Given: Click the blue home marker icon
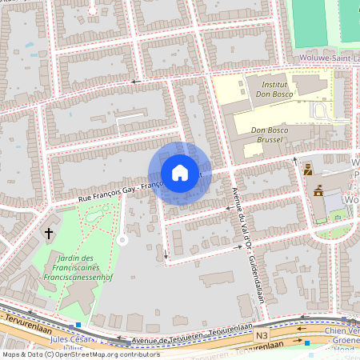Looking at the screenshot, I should pyautogui.click(x=180, y=172).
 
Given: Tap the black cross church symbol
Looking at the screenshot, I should pyautogui.click(x=49, y=234).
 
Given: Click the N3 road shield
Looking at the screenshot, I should pyautogui.click(x=262, y=336).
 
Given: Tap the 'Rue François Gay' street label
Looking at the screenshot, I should pyautogui.click(x=108, y=192).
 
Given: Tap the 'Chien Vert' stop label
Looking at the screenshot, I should pyautogui.click(x=343, y=332).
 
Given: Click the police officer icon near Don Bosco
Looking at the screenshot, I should pyautogui.click(x=308, y=169).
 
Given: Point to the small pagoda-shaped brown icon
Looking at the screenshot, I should pyautogui.click(x=318, y=191).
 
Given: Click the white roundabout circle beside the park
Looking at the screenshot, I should pyautogui.click(x=122, y=239).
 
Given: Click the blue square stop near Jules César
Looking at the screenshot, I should pyautogui.click(x=78, y=326).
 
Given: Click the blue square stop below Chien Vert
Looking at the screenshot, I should pyautogui.click(x=308, y=343).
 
